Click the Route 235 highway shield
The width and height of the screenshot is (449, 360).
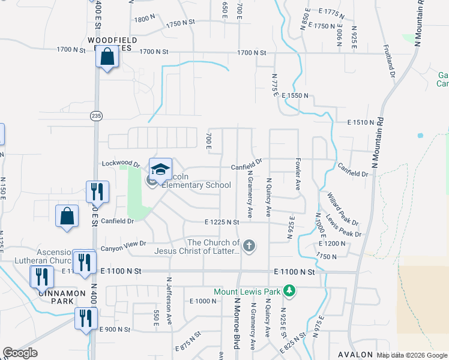95,115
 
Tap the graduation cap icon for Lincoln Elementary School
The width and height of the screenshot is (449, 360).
160,169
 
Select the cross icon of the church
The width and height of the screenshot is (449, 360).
249,245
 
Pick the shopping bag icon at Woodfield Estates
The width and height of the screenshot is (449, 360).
107,58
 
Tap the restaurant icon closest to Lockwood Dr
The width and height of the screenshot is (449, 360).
97,191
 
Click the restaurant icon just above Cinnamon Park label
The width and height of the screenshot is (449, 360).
42,277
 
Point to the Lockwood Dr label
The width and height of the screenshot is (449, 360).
121,164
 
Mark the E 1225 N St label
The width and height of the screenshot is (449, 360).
221,222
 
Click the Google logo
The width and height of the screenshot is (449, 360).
20,353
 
